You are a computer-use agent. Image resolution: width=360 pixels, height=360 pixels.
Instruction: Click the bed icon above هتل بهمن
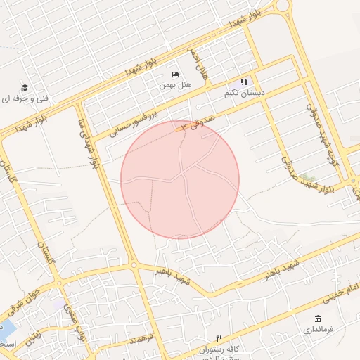click(x=175, y=75)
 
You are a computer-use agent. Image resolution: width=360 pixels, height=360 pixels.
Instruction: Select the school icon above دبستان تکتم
click(x=245, y=82)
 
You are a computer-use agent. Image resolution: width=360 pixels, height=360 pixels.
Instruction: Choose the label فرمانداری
click(x=318, y=328)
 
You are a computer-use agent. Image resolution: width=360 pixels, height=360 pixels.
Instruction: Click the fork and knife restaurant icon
click(x=219, y=339)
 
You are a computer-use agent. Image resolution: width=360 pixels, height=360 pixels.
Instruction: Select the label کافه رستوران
click(x=219, y=349)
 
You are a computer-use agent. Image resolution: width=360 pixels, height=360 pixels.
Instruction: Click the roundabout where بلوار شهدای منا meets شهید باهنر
click(x=134, y=265)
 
